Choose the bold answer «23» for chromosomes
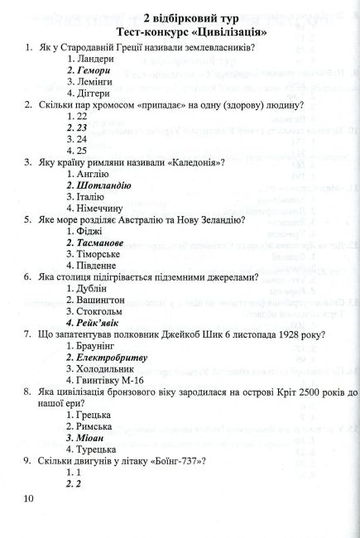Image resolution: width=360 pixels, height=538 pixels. tap(81, 129)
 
